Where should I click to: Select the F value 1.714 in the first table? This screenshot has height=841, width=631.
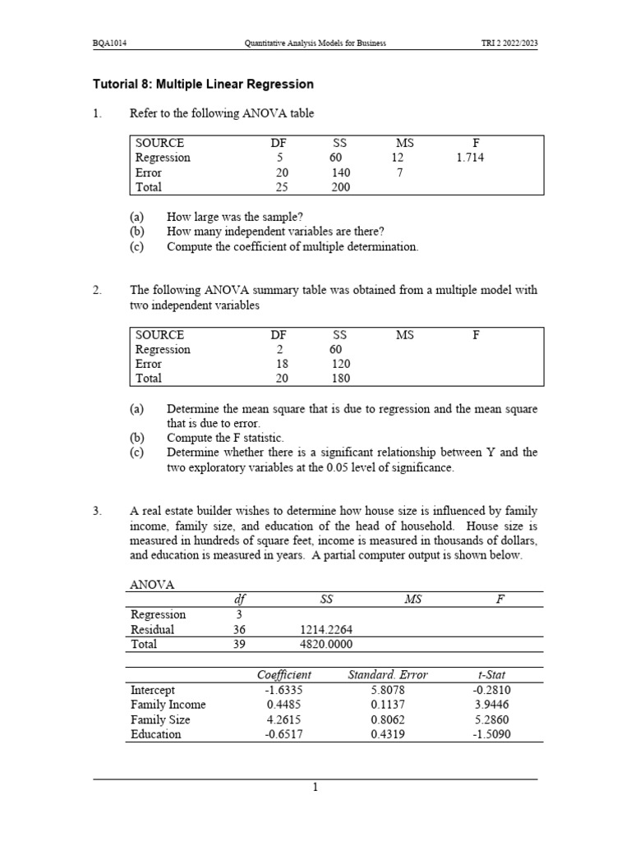point(470,158)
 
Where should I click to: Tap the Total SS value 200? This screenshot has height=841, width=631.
point(340,187)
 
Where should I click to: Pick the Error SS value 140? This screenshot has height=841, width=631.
point(340,172)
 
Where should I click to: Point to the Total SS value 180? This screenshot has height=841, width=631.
point(340,379)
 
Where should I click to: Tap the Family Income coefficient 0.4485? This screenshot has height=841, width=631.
point(283,705)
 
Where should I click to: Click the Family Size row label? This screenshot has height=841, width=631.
point(160,719)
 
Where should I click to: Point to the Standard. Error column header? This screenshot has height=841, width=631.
point(388,675)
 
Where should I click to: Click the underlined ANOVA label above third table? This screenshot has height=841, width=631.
point(152,585)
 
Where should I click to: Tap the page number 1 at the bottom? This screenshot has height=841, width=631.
point(315,788)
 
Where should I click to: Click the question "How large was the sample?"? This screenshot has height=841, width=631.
point(234,218)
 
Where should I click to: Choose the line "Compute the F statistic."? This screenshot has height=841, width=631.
point(231,438)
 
